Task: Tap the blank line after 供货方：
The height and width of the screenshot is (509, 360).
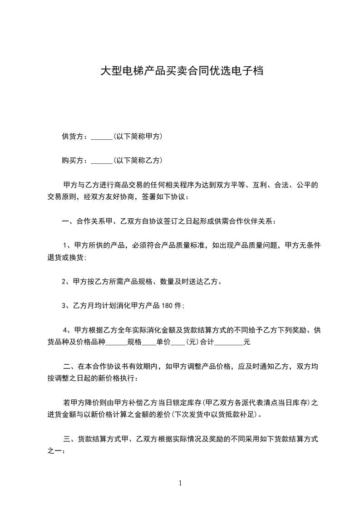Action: pyautogui.click(x=101, y=137)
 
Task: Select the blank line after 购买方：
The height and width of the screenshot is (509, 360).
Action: pyautogui.click(x=101, y=161)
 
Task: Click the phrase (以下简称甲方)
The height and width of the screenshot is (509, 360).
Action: pyautogui.click(x=138, y=137)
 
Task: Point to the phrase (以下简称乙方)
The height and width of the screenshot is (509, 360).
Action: pyautogui.click(x=138, y=161)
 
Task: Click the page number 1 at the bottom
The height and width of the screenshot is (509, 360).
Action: pyautogui.click(x=180, y=483)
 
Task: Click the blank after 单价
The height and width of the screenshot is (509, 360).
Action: pyautogui.click(x=178, y=343)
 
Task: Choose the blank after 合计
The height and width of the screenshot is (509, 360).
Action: pyautogui.click(x=228, y=343)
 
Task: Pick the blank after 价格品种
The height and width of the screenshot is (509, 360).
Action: pyautogui.click(x=116, y=343)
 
